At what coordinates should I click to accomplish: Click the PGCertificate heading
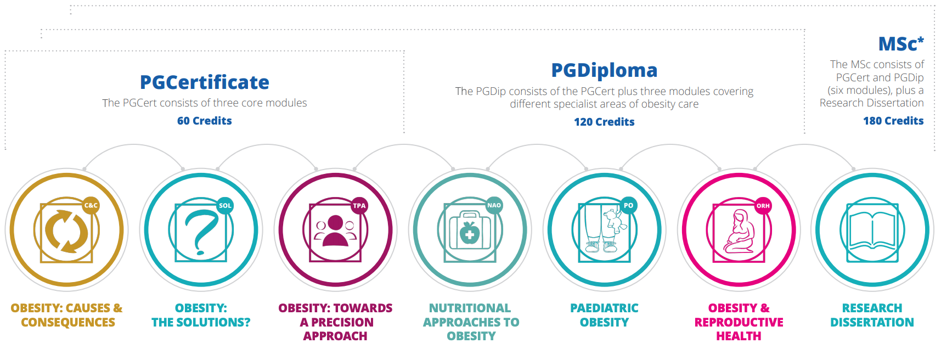[205, 82]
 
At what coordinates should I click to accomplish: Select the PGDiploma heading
[604, 70]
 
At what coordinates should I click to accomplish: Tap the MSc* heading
[901, 43]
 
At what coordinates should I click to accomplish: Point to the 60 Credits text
[205, 121]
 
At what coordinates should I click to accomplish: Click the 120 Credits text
[604, 122]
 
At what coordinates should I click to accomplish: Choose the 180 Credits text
[893, 121]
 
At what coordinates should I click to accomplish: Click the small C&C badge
[91, 206]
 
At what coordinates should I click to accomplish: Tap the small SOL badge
[225, 206]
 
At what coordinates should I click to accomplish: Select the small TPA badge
[359, 206]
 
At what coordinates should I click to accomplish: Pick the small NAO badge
[494, 206]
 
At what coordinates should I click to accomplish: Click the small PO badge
[629, 206]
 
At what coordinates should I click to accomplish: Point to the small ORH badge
[763, 206]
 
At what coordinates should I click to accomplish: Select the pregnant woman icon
[740, 231]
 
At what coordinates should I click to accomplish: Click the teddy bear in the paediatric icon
[612, 220]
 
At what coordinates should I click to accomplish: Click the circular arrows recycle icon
[66, 230]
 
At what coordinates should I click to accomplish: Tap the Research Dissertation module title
[872, 315]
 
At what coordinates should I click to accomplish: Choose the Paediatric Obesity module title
[604, 315]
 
